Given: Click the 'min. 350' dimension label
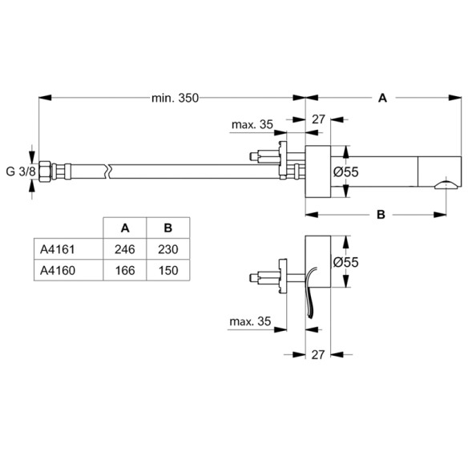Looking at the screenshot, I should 174,98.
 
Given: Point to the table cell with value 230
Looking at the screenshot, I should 168,249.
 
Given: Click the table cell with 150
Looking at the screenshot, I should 168,271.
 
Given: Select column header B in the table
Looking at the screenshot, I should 168,227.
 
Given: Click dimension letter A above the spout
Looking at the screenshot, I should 383,98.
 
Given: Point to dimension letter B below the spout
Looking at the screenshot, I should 381,214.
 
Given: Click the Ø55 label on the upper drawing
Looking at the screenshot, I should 345,171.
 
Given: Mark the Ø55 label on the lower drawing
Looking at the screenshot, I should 345,262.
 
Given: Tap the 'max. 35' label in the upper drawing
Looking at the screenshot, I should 251,124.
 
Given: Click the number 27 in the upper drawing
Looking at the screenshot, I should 318,119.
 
